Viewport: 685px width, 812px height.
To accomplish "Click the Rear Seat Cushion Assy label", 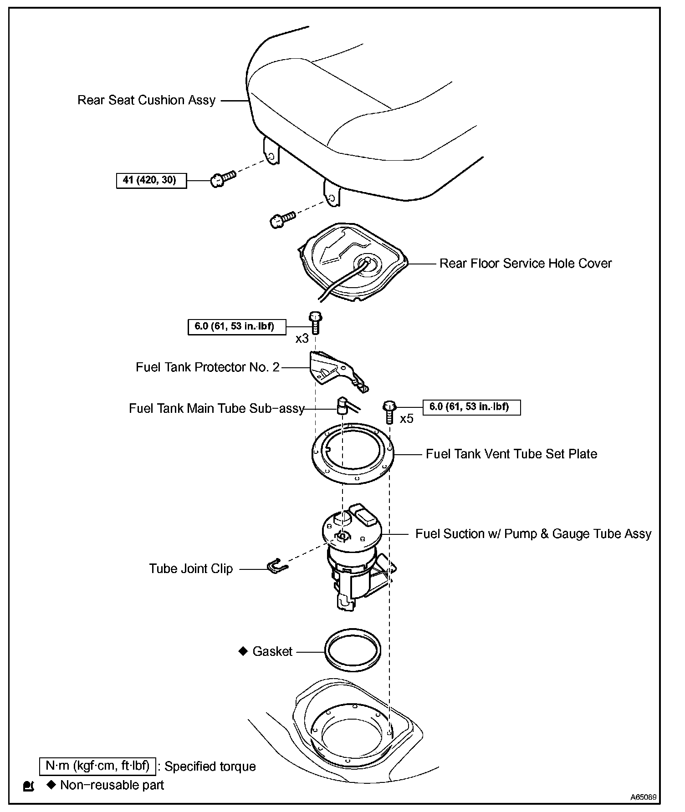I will click(146, 100).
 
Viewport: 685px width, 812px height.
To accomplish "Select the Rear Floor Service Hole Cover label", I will click(525, 264).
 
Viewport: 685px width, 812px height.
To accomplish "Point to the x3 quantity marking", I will click(302, 339).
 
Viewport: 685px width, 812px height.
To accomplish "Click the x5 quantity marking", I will click(406, 419).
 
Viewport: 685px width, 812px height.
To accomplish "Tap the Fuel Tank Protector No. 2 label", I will click(207, 367).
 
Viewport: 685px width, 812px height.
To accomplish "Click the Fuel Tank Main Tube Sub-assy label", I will click(216, 408).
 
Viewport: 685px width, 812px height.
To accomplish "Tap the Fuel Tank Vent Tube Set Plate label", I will click(511, 454).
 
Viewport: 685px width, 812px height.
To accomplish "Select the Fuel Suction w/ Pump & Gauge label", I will click(533, 534).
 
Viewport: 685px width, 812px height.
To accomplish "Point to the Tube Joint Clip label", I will click(191, 569).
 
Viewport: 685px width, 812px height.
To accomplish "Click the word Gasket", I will click(272, 652).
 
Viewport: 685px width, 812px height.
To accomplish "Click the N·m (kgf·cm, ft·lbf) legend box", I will click(97, 766).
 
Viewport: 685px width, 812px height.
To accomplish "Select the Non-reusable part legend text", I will click(112, 785).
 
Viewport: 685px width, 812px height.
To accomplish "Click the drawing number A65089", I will click(643, 797).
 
